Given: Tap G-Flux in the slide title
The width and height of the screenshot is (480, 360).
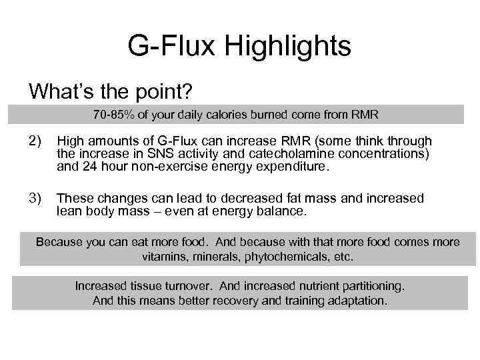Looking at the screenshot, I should [167, 47].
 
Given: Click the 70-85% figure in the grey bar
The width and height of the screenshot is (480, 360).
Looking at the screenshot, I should [113, 115].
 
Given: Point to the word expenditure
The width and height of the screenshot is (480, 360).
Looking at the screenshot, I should [293, 167].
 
